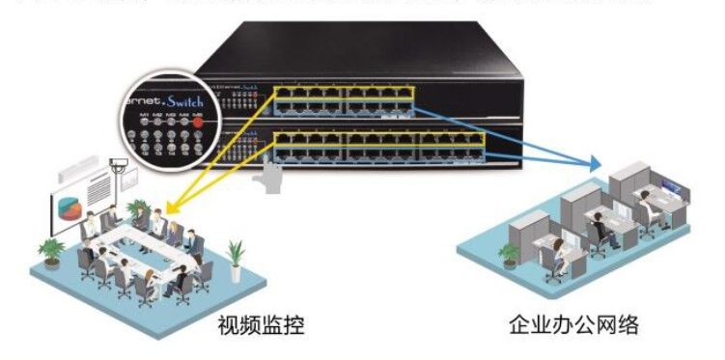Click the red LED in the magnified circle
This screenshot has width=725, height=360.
198,123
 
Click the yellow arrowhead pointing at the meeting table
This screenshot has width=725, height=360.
169,208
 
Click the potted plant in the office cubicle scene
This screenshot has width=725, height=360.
508,254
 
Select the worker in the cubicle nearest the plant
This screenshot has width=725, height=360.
557,253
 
